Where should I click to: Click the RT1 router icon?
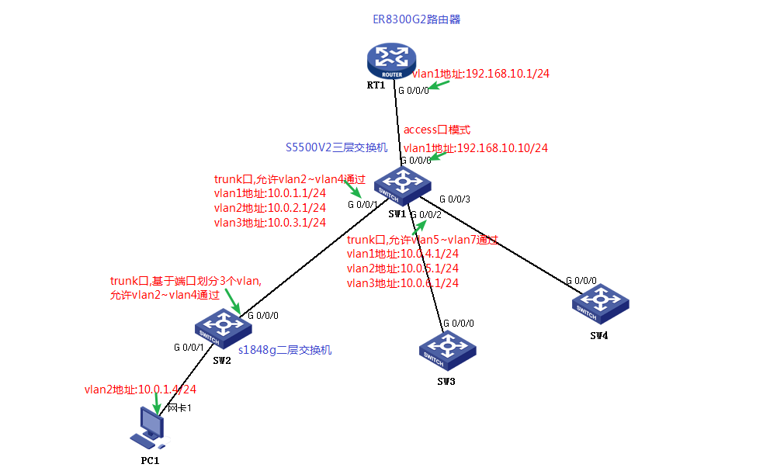392,59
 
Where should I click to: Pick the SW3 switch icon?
444,351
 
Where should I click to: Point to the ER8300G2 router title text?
416,19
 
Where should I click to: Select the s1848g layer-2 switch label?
285,350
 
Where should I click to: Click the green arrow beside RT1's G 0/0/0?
441,85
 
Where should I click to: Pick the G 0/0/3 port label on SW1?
455,199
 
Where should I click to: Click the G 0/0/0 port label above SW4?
581,280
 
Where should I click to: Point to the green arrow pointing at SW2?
234,300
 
